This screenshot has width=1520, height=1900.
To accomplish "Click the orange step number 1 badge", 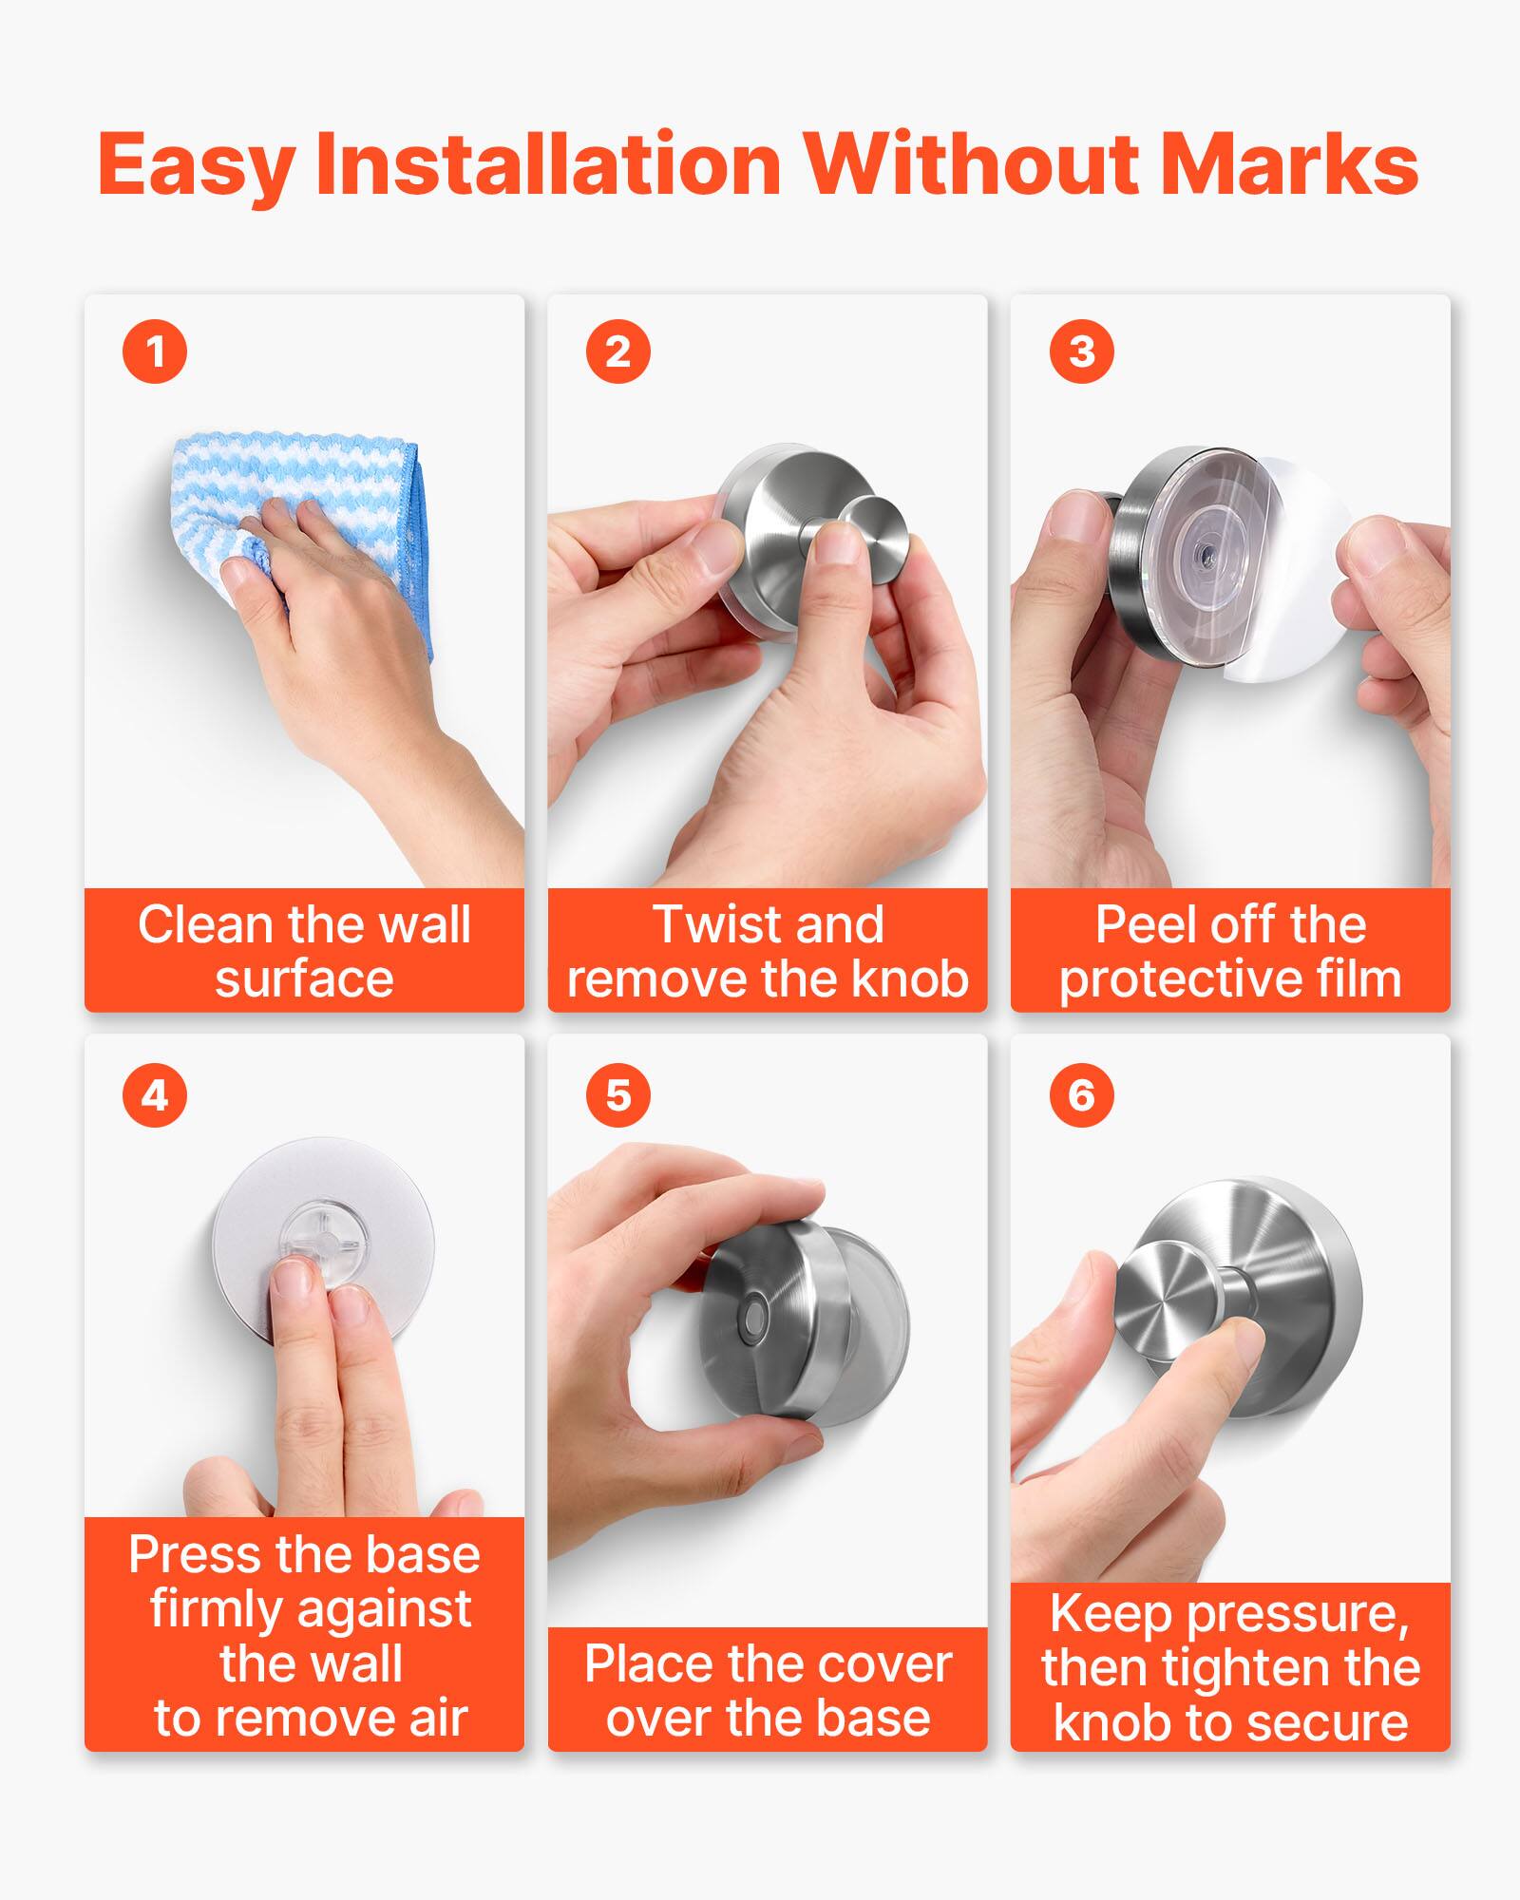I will [155, 351].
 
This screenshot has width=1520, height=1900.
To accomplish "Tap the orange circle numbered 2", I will [617, 351].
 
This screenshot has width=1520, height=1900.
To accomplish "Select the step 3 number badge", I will [1081, 351].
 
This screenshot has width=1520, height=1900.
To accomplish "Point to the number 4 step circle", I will [155, 1095].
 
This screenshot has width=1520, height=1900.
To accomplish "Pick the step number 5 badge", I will [617, 1095].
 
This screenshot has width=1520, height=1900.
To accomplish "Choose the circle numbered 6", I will [1081, 1095].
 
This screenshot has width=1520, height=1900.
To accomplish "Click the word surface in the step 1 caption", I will [304, 978].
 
